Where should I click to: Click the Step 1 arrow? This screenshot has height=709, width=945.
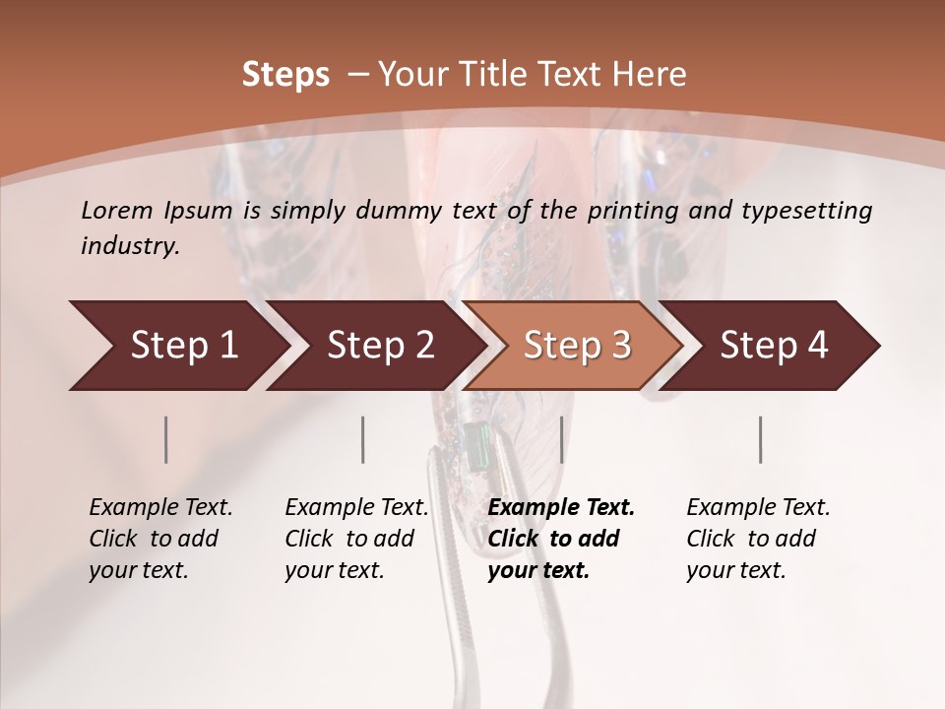[x=177, y=346]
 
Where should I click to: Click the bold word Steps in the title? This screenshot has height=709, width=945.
[x=285, y=75]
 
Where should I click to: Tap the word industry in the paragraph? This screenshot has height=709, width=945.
[x=130, y=246]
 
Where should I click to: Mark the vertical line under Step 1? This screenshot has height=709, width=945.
[x=166, y=439]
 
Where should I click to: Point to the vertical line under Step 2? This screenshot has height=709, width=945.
[x=363, y=439]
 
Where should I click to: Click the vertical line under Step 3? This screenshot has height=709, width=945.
[x=561, y=439]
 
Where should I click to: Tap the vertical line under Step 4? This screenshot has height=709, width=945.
[x=761, y=439]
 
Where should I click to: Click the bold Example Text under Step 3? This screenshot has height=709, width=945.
[x=561, y=508]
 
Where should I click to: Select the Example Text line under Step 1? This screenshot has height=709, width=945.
[x=160, y=508]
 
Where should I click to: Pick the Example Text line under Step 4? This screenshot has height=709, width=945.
[x=758, y=508]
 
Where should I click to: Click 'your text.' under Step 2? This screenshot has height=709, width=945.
[x=335, y=570]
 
